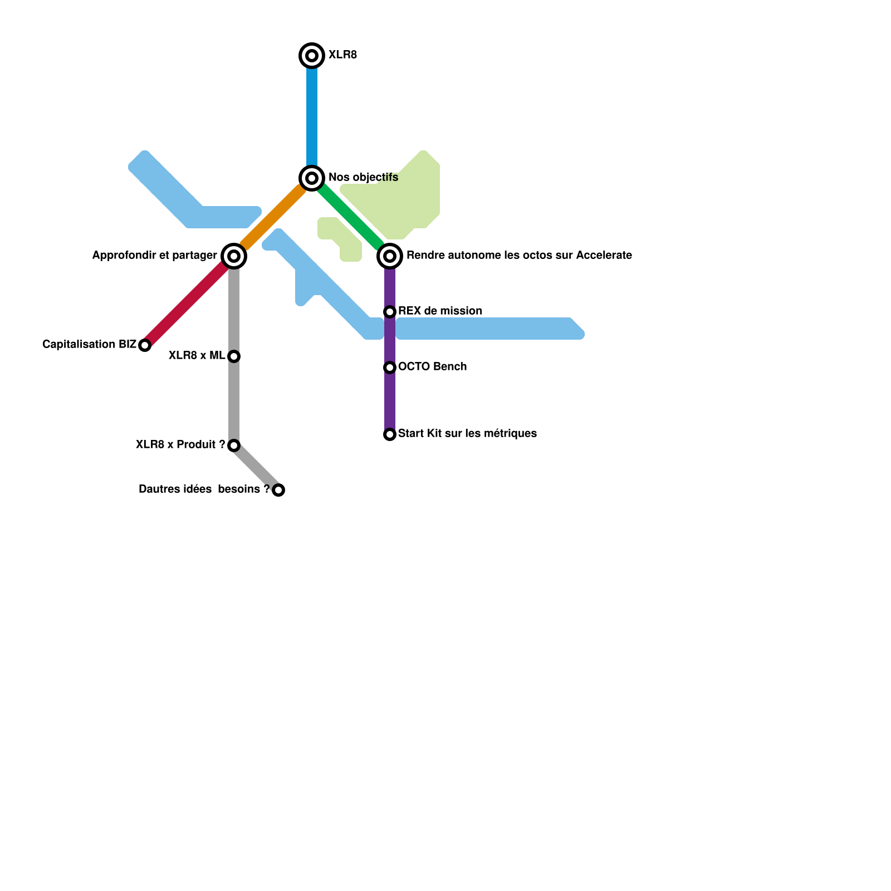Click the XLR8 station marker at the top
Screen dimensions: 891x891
pos(312,55)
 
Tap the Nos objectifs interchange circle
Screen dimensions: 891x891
pos(312,178)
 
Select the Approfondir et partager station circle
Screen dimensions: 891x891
pos(234,256)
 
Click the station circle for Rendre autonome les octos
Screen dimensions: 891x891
pos(390,256)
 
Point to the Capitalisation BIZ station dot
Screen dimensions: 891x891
pos(145,345)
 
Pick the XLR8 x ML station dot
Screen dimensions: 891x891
pos(234,356)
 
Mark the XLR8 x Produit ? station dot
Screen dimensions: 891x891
pos(234,445)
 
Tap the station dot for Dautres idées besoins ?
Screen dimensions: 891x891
pos(278,489)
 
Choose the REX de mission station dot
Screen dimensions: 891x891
pos(390,311)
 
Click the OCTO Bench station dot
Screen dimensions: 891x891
pos(390,367)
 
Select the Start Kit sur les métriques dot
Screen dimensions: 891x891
pos(390,434)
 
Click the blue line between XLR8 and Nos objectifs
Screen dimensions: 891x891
pos(312,117)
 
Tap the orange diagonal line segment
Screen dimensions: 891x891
pos(273,217)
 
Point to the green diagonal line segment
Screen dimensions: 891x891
pos(351,217)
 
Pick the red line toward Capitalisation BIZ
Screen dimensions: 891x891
pos(187,303)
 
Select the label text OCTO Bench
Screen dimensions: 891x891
pos(432,366)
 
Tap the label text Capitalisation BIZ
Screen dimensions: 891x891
pos(89,345)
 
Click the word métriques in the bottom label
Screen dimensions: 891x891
pos(513,433)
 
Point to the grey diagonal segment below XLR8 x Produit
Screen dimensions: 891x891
pos(256,468)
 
